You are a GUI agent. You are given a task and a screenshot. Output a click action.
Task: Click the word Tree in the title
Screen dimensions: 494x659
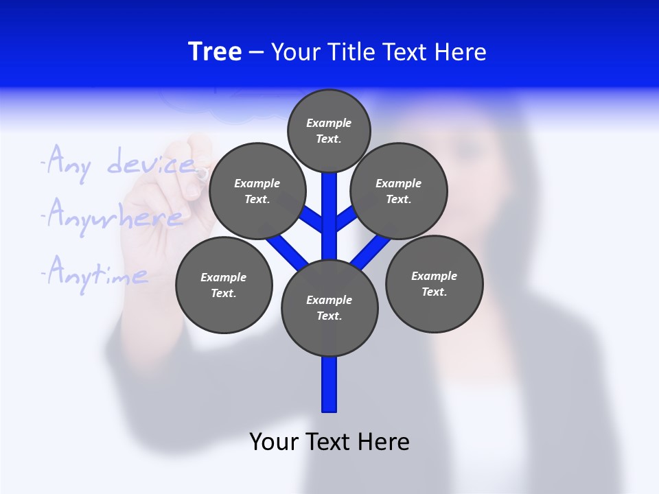click(x=215, y=51)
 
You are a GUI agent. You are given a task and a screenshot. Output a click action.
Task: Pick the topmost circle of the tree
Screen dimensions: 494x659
click(x=329, y=130)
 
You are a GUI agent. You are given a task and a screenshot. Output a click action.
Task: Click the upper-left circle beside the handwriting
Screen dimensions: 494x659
click(x=257, y=191)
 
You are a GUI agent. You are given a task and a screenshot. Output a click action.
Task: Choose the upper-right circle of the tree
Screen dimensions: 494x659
click(x=399, y=191)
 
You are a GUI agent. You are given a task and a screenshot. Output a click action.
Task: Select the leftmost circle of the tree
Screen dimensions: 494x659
click(x=224, y=285)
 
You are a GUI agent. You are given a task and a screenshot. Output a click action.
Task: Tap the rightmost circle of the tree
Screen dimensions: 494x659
click(x=435, y=283)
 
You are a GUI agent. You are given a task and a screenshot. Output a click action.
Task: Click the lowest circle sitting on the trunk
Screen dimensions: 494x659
click(x=329, y=308)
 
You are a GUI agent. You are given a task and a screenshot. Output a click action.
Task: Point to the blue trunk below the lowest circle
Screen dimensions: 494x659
click(x=329, y=384)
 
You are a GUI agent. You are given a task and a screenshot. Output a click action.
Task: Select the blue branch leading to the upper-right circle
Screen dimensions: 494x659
click(x=345, y=220)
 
